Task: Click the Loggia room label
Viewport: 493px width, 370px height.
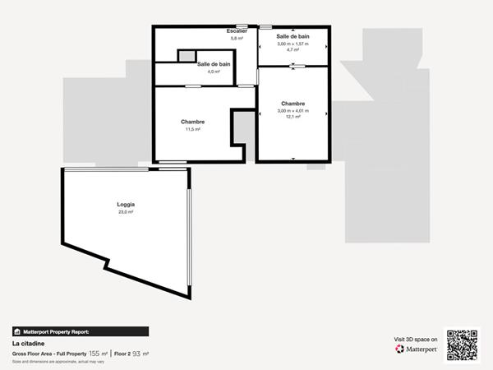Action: (126, 204)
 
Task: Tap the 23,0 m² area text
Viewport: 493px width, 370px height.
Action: (126, 212)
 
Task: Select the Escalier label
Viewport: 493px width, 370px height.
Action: (237, 31)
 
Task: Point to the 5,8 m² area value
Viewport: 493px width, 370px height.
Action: (237, 39)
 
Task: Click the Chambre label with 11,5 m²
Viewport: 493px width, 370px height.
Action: (193, 122)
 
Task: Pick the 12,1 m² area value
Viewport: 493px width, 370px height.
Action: (293, 117)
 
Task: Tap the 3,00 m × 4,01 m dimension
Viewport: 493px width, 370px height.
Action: (293, 110)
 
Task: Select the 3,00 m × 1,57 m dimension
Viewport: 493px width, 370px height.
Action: (293, 44)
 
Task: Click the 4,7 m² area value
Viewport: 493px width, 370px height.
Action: (292, 50)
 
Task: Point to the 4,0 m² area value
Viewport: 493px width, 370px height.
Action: (214, 72)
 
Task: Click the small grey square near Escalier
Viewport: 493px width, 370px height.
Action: (187, 56)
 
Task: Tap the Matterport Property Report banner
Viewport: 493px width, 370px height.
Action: (80, 331)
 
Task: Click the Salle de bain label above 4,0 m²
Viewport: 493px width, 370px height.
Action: (214, 64)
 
